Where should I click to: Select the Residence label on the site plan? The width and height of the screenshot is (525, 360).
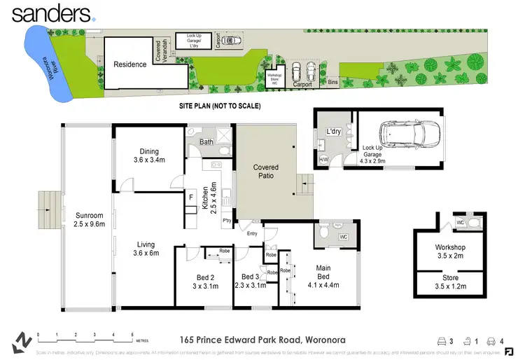(130, 64)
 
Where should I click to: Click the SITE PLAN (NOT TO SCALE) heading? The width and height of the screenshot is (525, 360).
(220, 106)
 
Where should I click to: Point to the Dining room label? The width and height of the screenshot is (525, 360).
(148, 155)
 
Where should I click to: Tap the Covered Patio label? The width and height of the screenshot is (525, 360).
(265, 172)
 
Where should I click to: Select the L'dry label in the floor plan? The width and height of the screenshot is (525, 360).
(332, 132)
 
